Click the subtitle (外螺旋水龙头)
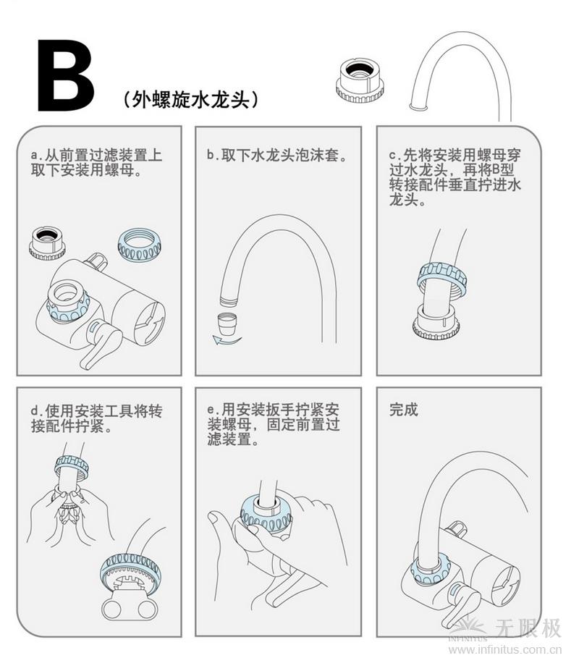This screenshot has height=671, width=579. click(x=190, y=100)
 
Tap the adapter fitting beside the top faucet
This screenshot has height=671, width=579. click(x=359, y=79)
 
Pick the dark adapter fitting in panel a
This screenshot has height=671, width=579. click(x=47, y=242)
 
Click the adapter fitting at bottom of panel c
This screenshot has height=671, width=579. click(x=436, y=324)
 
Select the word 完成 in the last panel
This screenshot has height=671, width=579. click(x=403, y=410)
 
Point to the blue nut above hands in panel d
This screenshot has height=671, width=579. click(x=71, y=465)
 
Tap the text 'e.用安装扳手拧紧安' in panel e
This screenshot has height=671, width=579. click(x=272, y=410)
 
